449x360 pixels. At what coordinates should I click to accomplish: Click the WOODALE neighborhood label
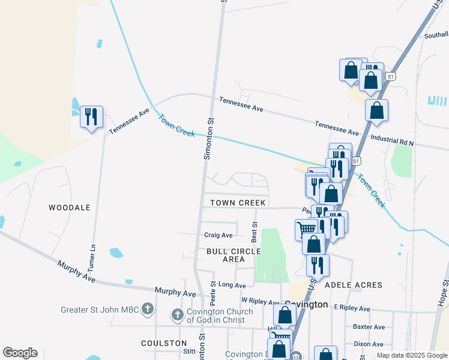[x=70, y=208]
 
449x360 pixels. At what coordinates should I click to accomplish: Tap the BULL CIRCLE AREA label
[x=234, y=255]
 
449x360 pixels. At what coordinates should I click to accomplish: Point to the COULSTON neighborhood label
[x=164, y=343]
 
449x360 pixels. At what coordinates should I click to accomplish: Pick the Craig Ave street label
[x=218, y=235]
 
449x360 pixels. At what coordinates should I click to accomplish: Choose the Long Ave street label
[x=232, y=285]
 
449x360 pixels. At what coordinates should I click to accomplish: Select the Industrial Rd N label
[x=392, y=141]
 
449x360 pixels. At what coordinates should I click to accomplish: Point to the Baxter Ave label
[x=369, y=327]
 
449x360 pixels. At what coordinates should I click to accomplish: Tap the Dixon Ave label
[x=369, y=344]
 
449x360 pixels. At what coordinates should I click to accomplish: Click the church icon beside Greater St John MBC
[x=148, y=310]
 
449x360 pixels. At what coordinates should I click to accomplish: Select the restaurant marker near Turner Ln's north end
[x=91, y=116]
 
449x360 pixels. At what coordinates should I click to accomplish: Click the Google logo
[x=20, y=353]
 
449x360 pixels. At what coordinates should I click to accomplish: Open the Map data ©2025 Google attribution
[x=412, y=355]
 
